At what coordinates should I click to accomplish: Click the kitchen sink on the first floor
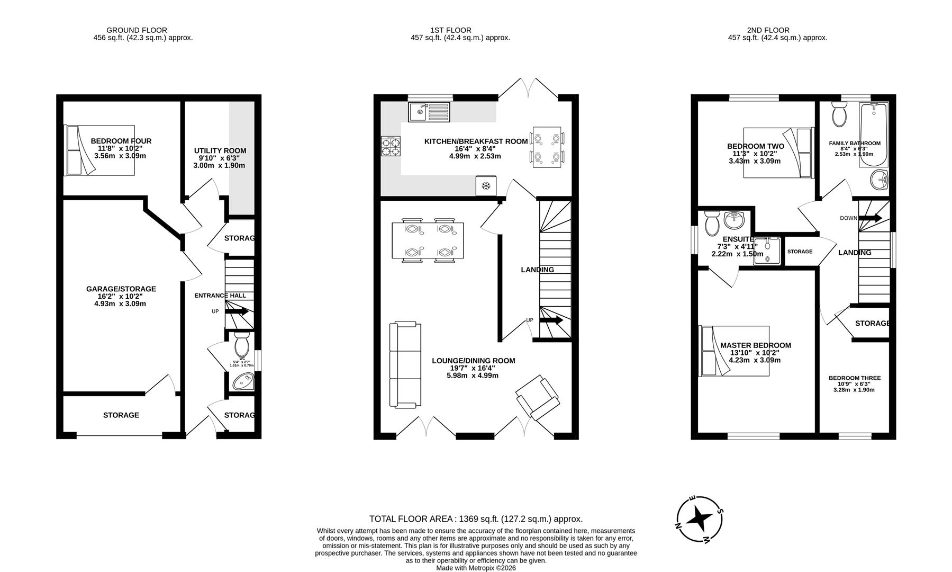click(429, 112)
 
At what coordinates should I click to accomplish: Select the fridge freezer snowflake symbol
click(486, 185)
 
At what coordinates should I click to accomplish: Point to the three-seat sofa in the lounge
click(405, 365)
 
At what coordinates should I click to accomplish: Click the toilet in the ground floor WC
click(242, 346)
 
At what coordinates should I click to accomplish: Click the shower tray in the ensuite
click(767, 251)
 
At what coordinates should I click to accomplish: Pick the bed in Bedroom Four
click(99, 150)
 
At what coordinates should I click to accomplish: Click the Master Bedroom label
click(755, 345)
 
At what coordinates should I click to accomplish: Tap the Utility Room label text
click(220, 151)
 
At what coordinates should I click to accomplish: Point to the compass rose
click(699, 519)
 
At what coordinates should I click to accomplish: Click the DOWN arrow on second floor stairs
click(871, 218)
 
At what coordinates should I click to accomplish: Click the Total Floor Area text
click(475, 519)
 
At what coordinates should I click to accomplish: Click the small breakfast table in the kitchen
click(547, 147)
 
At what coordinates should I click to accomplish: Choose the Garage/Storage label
click(121, 289)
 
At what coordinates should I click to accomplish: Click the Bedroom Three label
click(854, 378)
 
